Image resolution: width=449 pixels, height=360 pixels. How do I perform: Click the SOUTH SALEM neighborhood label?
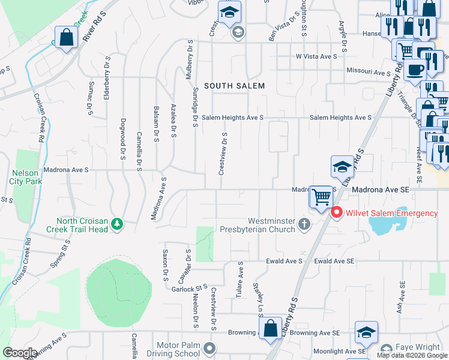pos(234,86)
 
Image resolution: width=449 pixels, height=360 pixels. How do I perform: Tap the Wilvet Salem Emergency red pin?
pos(337,212)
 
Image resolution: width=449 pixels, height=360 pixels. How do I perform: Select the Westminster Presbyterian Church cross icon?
pos(304,225)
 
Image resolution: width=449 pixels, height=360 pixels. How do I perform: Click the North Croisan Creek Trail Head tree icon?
pos(118,224)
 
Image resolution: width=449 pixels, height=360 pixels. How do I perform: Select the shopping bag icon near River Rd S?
pos(65,38)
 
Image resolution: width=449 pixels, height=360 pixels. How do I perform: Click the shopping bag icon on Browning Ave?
pos(271,328)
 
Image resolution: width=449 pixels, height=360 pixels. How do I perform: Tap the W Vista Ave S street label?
pos(317,56)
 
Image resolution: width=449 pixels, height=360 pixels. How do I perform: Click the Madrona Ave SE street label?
pos(380,189)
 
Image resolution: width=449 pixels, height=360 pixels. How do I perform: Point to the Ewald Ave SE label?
pos(334,262)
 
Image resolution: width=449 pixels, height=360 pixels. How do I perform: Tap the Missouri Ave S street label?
pos(369,72)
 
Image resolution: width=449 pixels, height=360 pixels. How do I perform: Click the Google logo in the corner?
pos(20,353)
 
